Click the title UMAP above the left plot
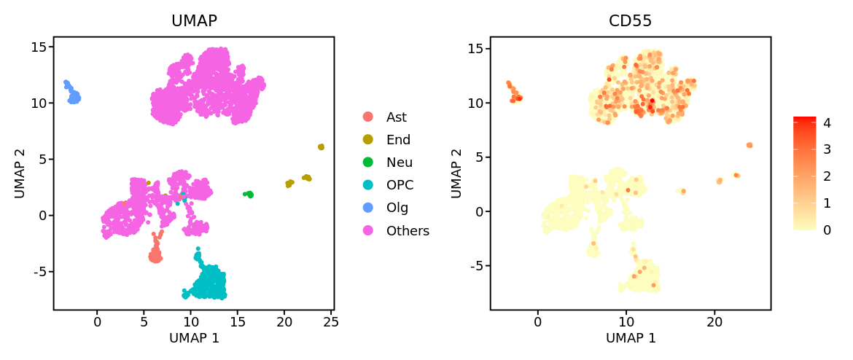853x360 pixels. point(194,21)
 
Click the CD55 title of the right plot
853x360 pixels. point(630,21)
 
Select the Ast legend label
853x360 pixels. point(397,117)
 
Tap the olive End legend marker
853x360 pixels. point(367,140)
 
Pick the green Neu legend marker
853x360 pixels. point(367,163)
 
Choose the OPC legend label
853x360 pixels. point(398,185)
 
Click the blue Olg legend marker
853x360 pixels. point(367,208)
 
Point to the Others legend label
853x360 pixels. point(408,231)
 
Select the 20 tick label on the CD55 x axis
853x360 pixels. point(714,321)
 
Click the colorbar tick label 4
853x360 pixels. point(827,123)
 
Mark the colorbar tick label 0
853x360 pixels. point(827,230)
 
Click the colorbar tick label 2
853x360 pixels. point(827,176)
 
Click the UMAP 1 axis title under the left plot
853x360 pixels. point(194,338)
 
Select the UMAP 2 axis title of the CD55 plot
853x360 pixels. point(456,173)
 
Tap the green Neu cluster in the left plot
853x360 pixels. point(249,195)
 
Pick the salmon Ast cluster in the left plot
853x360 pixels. point(155,255)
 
